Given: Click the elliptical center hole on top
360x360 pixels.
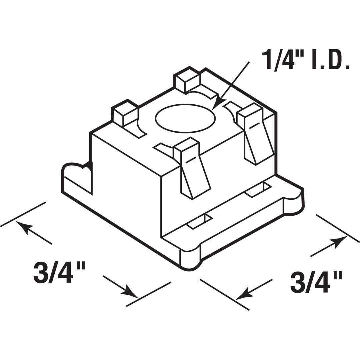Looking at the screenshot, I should click(185, 118).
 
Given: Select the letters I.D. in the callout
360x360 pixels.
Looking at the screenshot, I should click(330, 59).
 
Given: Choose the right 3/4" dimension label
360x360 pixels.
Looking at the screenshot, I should click(316, 282).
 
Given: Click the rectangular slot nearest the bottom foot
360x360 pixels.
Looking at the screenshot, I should click(199, 221).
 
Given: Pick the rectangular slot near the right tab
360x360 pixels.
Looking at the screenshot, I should click(258, 190).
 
